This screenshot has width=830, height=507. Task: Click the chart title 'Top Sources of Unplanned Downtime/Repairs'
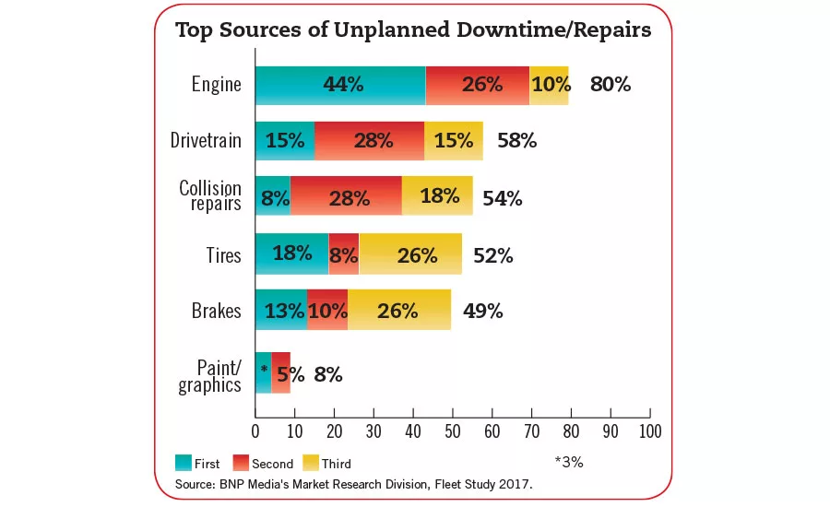tap(413, 29)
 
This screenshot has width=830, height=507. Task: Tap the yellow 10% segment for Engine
tap(549, 85)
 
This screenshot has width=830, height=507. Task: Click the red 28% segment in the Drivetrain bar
tap(369, 141)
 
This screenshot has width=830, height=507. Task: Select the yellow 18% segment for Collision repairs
tap(437, 196)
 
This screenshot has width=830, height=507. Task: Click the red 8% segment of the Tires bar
tap(344, 253)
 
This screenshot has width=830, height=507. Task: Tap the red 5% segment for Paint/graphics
tap(281, 373)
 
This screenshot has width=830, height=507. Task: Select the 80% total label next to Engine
tap(610, 85)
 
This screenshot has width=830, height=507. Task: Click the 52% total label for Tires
tap(492, 255)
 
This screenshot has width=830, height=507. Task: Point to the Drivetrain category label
tap(206, 141)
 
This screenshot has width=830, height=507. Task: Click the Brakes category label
tap(217, 311)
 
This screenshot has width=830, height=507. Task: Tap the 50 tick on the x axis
tap(453, 430)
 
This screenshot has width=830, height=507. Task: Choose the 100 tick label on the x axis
tap(650, 430)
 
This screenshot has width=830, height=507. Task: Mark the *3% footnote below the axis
tap(568, 462)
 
